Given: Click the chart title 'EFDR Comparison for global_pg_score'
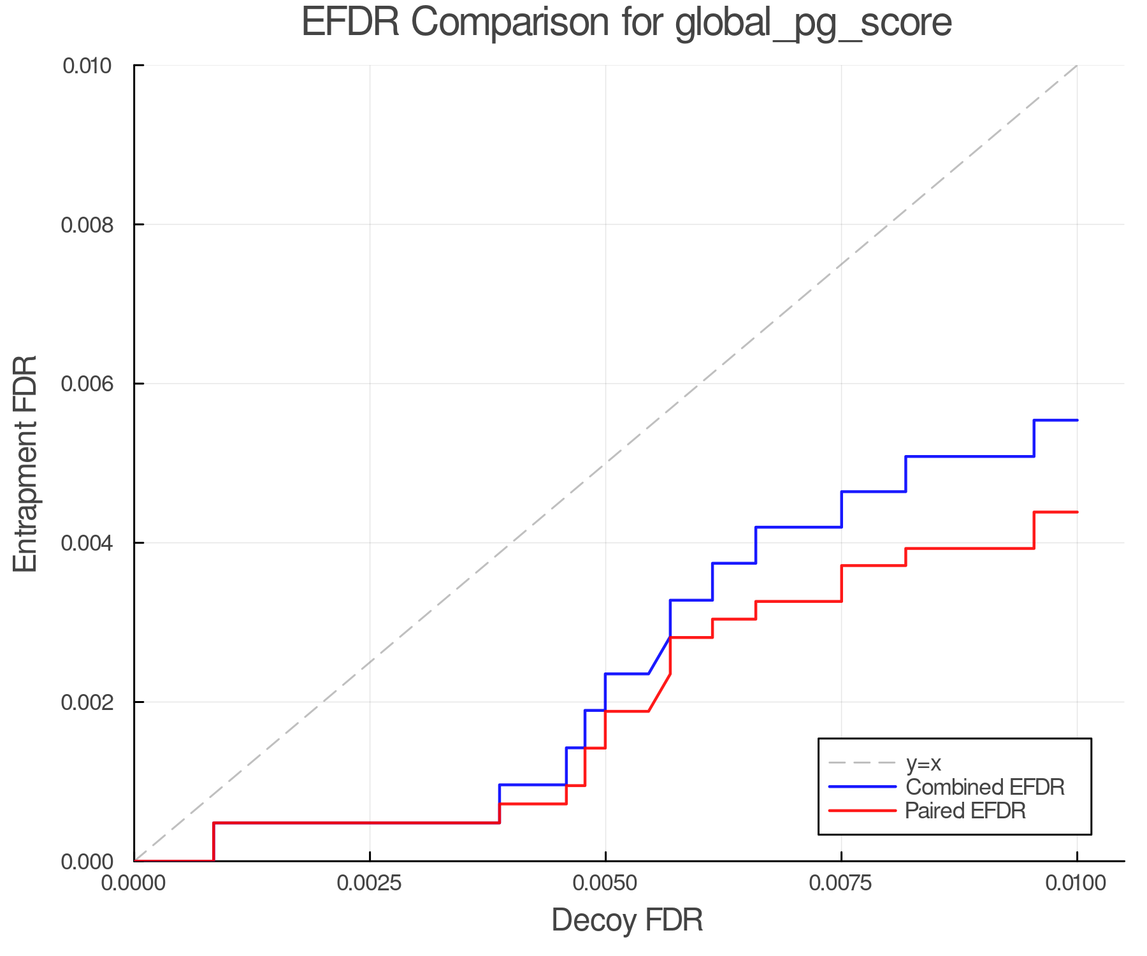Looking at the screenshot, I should click(x=626, y=23).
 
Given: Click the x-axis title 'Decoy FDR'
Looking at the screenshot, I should click(x=627, y=920).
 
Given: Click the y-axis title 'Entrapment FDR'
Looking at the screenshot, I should click(x=26, y=464).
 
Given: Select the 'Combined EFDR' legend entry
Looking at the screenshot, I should click(x=985, y=787).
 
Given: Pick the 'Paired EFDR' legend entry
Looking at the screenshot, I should click(x=965, y=811).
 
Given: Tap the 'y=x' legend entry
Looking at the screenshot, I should click(x=923, y=763).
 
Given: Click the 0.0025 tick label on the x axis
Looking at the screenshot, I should click(x=370, y=883).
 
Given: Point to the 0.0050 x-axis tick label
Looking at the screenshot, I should click(x=605, y=883).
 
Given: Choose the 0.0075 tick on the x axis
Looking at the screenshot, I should click(x=841, y=883).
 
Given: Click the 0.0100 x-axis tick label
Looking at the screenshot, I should click(x=1077, y=883).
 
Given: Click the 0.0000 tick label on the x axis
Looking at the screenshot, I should click(x=134, y=883).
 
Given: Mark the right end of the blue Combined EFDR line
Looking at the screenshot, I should click(x=1077, y=420).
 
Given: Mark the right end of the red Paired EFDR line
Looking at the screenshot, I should click(x=1077, y=512).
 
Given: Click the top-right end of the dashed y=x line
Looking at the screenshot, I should click(x=1076, y=66).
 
